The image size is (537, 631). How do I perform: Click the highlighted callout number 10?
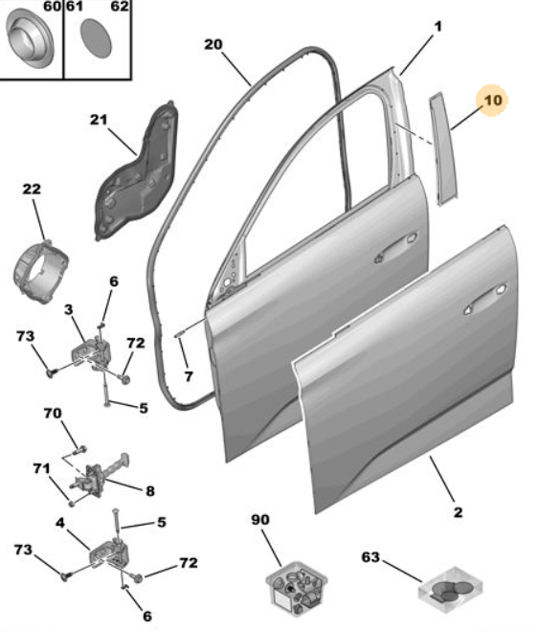pyautogui.click(x=493, y=100)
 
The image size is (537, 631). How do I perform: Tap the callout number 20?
pyautogui.click(x=213, y=44)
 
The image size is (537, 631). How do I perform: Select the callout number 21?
pyautogui.click(x=99, y=120)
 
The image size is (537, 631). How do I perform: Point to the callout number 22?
pyautogui.click(x=32, y=189)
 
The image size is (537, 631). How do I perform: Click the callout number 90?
pyautogui.click(x=260, y=520)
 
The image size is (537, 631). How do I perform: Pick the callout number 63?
pyautogui.click(x=370, y=557)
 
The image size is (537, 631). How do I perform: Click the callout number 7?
pyautogui.click(x=189, y=376)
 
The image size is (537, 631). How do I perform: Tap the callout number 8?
pyautogui.click(x=149, y=491)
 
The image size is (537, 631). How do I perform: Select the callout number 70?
pyautogui.click(x=53, y=414)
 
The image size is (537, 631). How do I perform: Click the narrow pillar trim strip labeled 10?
pyautogui.click(x=444, y=149)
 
